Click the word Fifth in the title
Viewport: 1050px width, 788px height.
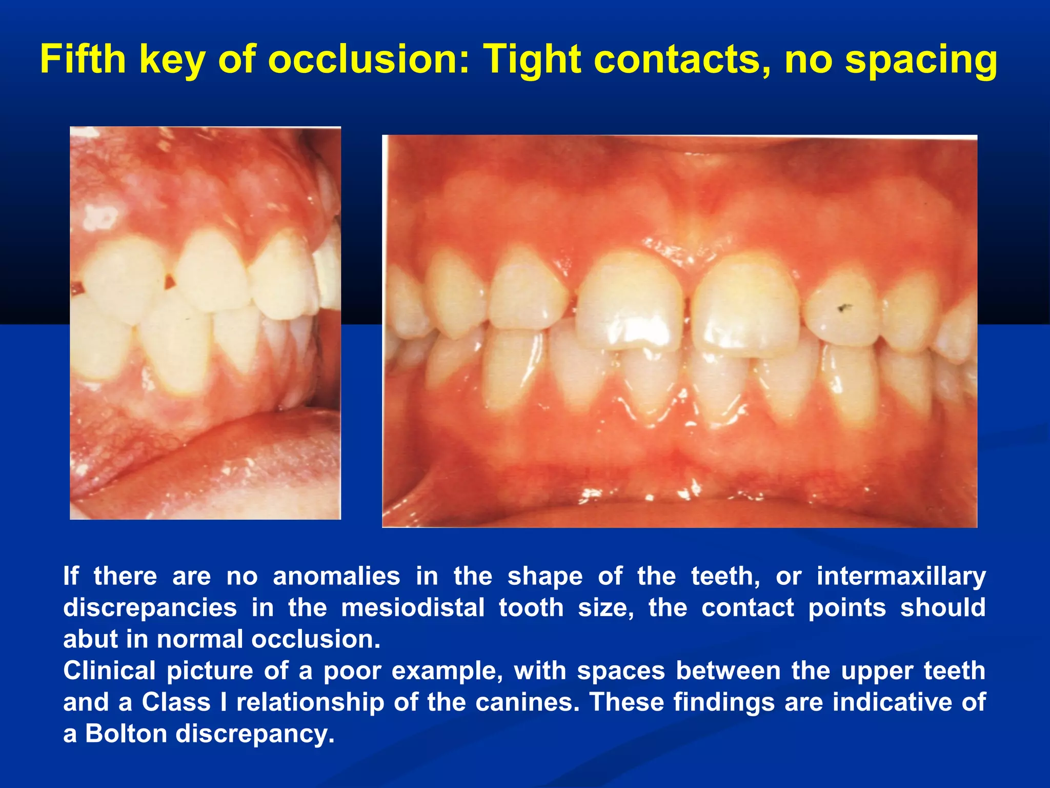click(83, 60)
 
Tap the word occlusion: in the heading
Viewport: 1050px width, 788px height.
click(369, 60)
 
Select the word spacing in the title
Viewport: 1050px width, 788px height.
click(921, 61)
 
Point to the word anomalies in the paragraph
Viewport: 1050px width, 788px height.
click(336, 576)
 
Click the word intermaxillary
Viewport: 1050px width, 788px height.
click(901, 576)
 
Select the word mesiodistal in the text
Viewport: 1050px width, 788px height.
click(413, 608)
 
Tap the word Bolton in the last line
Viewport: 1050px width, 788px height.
click(126, 734)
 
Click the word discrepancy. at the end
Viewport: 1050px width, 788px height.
click(255, 734)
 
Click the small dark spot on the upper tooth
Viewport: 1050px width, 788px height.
click(842, 308)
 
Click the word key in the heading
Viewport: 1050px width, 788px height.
click(172, 61)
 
